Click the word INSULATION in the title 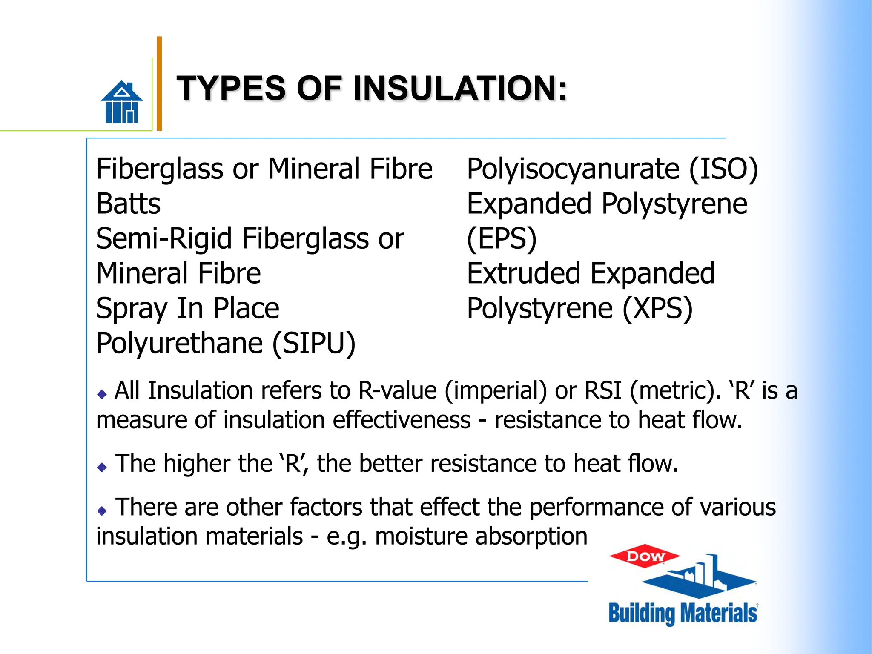pyautogui.click(x=460, y=88)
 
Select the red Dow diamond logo pyautogui.click(x=645, y=556)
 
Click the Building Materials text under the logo pyautogui.click(x=683, y=613)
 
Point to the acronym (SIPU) pyautogui.click(x=314, y=343)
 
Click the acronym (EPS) pyautogui.click(x=502, y=238)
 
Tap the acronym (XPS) pyautogui.click(x=657, y=308)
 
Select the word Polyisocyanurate pyautogui.click(x=573, y=169)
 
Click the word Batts pyautogui.click(x=128, y=204)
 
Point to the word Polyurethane pyautogui.click(x=179, y=343)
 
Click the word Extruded pyautogui.click(x=523, y=273)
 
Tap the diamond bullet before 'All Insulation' pyautogui.click(x=102, y=394)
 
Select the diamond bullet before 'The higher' pyautogui.click(x=102, y=467)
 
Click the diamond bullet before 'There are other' pyautogui.click(x=102, y=511)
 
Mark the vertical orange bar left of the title pyautogui.click(x=159, y=83)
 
